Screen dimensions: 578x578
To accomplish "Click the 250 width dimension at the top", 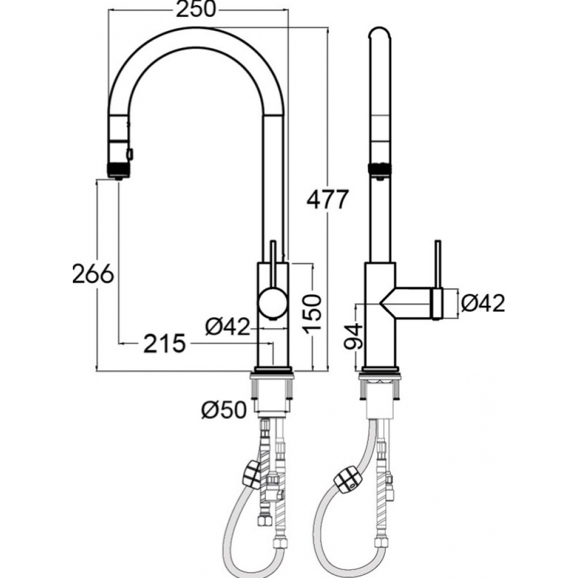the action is tap(195, 9).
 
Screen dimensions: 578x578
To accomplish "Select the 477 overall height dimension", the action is tap(328, 199).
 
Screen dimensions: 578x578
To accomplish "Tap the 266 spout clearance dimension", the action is tap(93, 274).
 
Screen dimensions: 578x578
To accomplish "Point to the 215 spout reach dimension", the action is tap(164, 343).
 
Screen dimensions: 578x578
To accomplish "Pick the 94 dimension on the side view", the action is tap(354, 336).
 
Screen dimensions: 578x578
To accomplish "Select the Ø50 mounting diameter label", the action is tap(224, 410).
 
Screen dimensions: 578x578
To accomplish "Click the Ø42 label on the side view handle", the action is tap(483, 303).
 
